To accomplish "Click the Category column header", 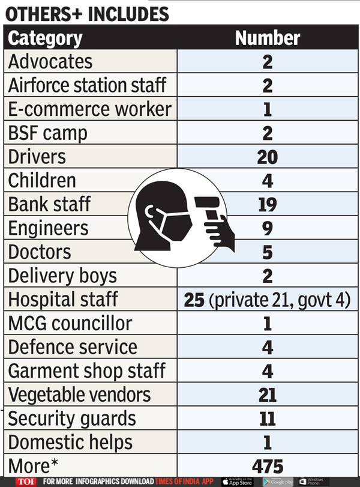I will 45,38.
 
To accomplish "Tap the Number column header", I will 267,38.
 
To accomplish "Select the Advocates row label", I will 50,62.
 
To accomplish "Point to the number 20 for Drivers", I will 267,157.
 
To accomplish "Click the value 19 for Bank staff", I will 267,205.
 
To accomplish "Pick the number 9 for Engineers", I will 267,229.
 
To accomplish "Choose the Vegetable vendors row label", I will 79,395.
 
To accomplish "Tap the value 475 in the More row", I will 267,467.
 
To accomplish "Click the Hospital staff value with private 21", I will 267,300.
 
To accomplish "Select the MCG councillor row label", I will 70,324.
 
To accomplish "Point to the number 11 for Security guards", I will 267,419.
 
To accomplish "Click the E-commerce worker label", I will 90,109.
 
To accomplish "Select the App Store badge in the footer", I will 237,482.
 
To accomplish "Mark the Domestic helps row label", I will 70,443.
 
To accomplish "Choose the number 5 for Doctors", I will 267,252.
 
